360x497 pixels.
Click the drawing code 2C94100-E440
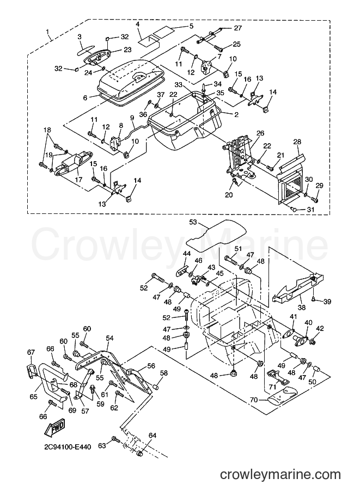click(x=68, y=447)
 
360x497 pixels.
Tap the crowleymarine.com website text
click(x=280, y=475)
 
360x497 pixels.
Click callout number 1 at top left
click(x=47, y=32)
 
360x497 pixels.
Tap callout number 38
click(x=302, y=307)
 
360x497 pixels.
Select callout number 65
click(x=33, y=396)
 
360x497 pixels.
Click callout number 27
click(x=238, y=28)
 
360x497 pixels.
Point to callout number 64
click(x=152, y=435)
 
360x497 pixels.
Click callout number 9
click(x=132, y=117)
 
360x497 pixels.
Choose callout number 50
click(x=313, y=382)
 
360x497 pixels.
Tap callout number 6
click(x=84, y=99)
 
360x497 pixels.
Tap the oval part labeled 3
click(x=84, y=51)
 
